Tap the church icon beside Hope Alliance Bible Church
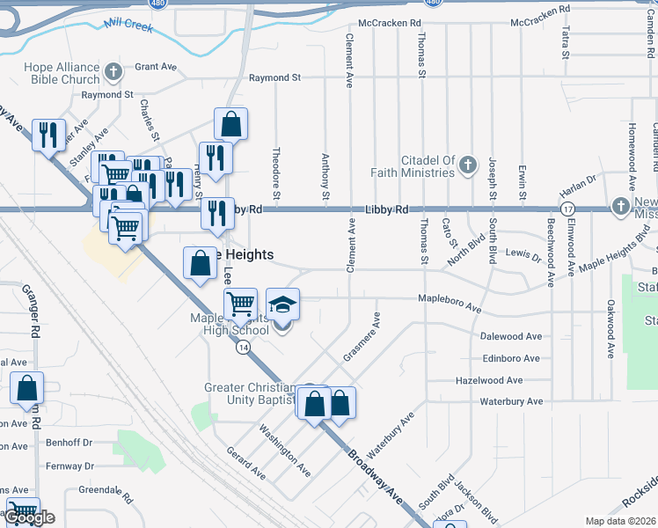click(112, 71)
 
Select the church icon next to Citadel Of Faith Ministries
click(468, 165)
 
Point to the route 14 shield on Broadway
click(241, 348)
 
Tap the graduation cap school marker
click(282, 304)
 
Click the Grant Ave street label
click(157, 67)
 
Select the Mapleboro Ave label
click(449, 304)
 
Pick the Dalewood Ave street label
click(511, 336)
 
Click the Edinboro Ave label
click(511, 358)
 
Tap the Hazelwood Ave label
click(489, 380)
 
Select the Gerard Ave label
click(245, 462)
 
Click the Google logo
click(29, 517)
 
